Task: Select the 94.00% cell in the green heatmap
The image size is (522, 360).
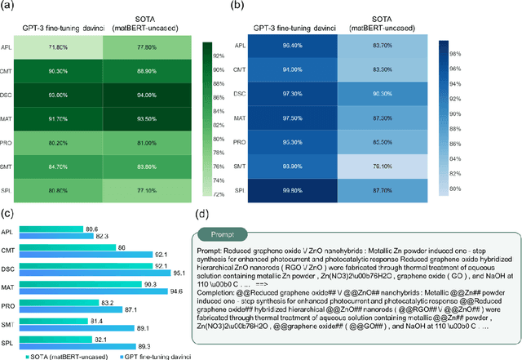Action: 143,94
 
